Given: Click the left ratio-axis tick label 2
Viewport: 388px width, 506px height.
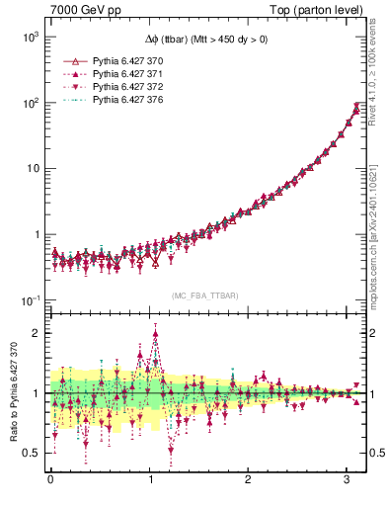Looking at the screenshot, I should (x=35, y=333).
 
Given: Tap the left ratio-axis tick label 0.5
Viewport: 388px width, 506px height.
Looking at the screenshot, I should (x=31, y=453).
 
